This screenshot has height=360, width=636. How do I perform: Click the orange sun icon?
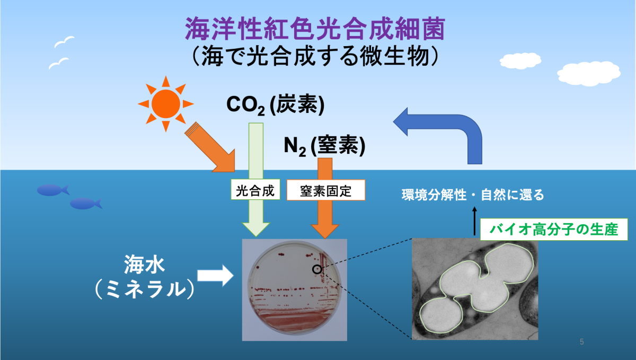(x=166, y=104)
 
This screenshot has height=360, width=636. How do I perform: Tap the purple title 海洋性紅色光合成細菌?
(x=315, y=29)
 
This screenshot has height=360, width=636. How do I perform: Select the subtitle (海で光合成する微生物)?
(x=315, y=57)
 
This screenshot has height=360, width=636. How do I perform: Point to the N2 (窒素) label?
(x=324, y=145)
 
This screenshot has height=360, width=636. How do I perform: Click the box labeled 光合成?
(x=255, y=189)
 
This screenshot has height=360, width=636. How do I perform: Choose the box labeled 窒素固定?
(x=325, y=190)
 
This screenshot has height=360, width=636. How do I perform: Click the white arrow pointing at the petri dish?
(x=215, y=276)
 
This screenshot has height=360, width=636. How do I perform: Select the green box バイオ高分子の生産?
(x=554, y=229)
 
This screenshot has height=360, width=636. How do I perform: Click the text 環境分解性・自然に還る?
(x=473, y=195)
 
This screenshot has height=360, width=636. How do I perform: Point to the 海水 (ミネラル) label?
(x=145, y=277)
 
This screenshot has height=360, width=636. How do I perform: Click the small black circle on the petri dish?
(x=317, y=269)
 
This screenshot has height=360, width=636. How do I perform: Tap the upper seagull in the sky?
(x=64, y=42)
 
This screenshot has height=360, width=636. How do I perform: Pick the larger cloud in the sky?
(x=589, y=73)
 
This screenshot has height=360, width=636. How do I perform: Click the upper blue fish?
(x=53, y=190)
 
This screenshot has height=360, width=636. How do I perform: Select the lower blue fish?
(x=86, y=204)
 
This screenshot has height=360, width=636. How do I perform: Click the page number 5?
(x=582, y=342)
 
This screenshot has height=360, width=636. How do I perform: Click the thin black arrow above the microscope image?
(x=474, y=221)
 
